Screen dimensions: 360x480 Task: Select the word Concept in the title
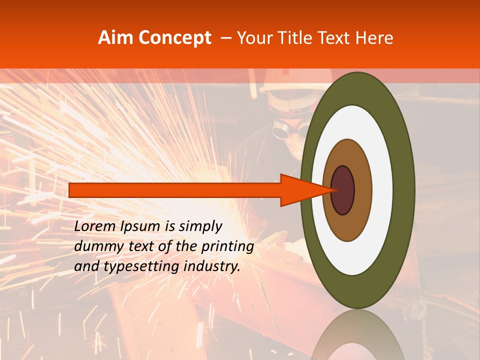pyautogui.click(x=174, y=38)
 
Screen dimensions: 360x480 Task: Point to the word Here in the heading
pyautogui.click(x=374, y=38)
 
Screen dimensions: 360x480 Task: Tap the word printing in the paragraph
pyautogui.click(x=228, y=246)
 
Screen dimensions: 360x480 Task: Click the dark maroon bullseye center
pyautogui.click(x=343, y=190)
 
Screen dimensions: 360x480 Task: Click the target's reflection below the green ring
pyautogui.click(x=358, y=340)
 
